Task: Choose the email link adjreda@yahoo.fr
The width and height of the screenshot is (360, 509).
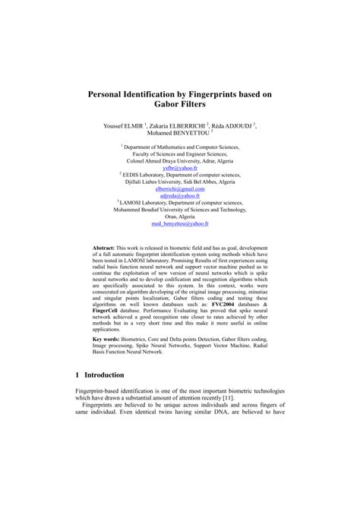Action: coord(180,196)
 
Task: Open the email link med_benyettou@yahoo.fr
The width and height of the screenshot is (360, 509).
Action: coord(180,225)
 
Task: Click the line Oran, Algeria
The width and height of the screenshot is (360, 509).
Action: coord(180,217)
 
